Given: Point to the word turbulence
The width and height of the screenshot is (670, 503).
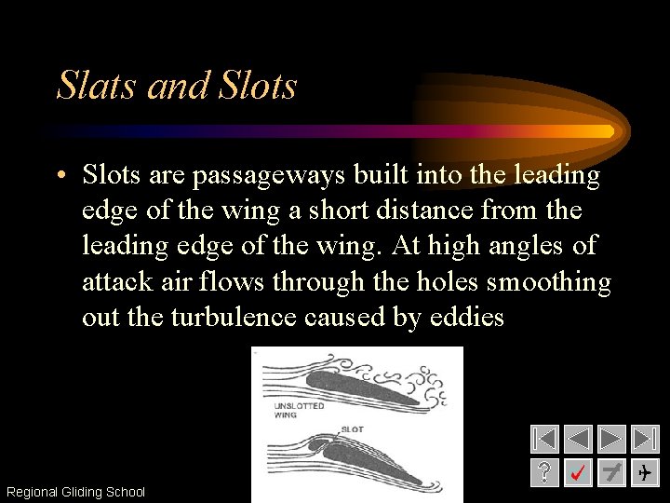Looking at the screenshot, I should tap(233, 318).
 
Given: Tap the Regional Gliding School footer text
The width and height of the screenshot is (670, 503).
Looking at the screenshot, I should tap(75, 492).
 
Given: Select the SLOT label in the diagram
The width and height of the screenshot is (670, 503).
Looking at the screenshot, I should tap(353, 428).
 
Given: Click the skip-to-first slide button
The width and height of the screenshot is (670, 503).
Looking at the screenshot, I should tap(544, 440).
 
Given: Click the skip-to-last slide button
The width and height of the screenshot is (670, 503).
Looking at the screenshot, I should tap(645, 440).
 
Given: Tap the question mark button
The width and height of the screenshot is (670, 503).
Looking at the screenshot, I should tap(544, 473).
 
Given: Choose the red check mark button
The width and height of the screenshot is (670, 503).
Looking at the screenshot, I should tap(578, 473).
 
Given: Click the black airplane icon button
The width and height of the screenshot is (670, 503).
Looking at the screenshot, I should tap(645, 473).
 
